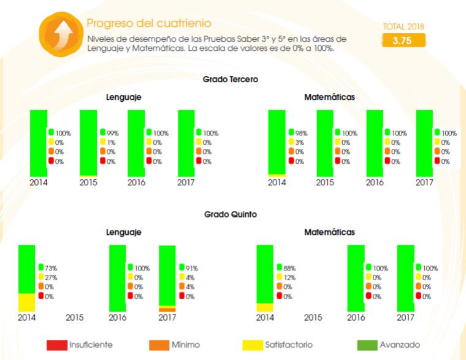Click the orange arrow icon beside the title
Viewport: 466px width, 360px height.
[x=60, y=32]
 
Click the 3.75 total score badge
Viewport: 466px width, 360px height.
[x=403, y=40]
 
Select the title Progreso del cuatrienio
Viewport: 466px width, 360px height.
[x=149, y=23]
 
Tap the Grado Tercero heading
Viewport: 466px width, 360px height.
[x=231, y=79]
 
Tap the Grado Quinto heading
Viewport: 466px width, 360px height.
[x=231, y=215]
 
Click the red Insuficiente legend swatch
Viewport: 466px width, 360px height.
[x=57, y=345]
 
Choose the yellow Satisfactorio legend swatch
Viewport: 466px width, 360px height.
[x=253, y=345]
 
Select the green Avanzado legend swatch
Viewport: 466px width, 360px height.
[x=367, y=345]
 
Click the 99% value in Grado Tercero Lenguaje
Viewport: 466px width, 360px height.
[x=112, y=133]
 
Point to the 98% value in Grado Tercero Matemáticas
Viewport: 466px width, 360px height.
[x=300, y=133]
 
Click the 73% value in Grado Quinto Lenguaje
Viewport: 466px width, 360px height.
[x=51, y=268]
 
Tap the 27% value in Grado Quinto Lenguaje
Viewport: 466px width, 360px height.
[x=51, y=277]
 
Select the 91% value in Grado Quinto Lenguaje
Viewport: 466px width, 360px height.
[x=191, y=268]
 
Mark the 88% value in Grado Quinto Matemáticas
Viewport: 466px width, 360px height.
[x=289, y=268]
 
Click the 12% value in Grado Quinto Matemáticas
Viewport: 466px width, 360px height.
[x=289, y=277]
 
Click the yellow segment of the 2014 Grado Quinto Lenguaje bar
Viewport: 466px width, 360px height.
[x=26, y=302]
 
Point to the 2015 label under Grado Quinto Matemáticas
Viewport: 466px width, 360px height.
[x=313, y=318]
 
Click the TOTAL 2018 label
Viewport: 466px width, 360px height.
[x=403, y=27]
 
